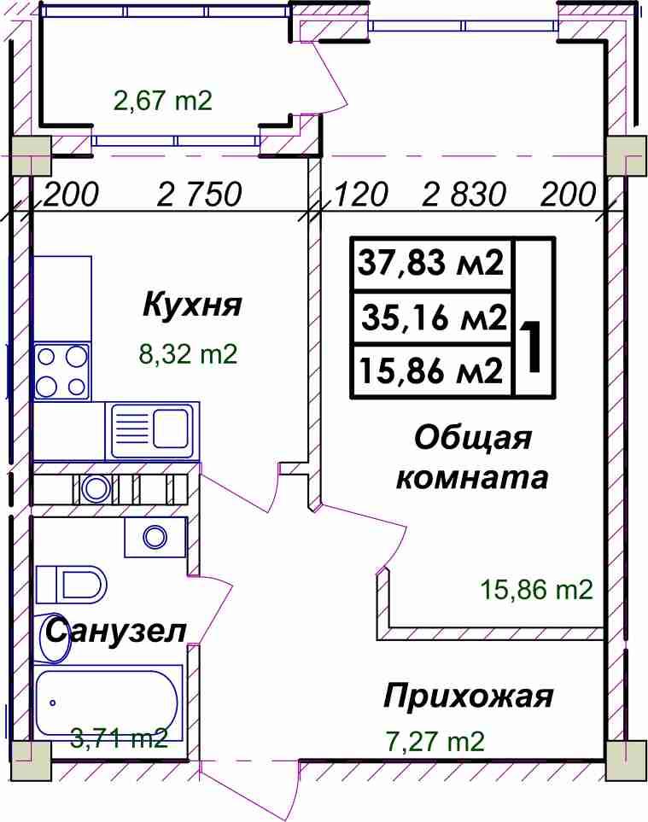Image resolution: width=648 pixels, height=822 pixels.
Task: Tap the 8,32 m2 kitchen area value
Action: point(188,354)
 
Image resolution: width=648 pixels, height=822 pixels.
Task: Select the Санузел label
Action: point(116,631)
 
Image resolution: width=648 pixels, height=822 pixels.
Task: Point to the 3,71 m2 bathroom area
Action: point(119,739)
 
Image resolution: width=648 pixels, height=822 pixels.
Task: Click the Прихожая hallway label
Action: point(468,697)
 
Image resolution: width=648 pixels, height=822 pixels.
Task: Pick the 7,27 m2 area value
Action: point(435,742)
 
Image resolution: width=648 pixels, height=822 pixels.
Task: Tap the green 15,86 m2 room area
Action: point(537,590)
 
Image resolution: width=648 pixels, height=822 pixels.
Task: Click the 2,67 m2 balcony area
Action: point(163,100)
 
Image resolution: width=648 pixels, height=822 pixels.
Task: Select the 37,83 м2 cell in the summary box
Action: point(430,263)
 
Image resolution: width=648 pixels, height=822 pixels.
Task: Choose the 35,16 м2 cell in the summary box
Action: point(435,318)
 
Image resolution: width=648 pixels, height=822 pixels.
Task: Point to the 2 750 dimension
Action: point(199,195)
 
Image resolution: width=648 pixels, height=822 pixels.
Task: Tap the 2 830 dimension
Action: point(464,195)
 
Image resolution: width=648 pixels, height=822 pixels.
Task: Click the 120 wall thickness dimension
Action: point(360,195)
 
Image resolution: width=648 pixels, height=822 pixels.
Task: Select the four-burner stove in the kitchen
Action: point(61,371)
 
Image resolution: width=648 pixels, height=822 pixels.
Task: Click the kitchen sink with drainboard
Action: point(152,431)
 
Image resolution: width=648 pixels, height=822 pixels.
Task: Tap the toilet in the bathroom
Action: point(72,585)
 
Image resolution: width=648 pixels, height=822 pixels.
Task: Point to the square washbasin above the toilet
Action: point(155,537)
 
